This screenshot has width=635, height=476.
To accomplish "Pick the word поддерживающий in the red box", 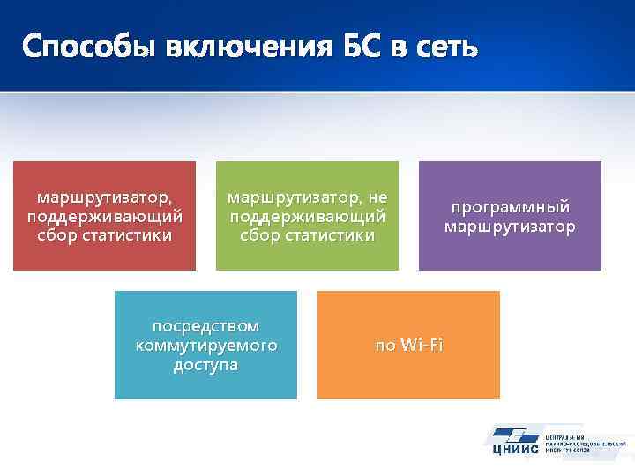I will (105, 215).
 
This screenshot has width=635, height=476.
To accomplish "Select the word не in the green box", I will (377, 196).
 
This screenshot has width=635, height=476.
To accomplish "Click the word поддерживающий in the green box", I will (307, 215).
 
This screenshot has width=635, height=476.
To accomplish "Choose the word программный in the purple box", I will (510, 207).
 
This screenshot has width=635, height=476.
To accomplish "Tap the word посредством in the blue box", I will (205, 325).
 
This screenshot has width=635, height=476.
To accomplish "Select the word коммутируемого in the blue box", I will (205, 345).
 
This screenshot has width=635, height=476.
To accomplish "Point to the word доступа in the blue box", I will (205, 364).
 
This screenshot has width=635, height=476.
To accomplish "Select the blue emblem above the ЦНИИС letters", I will (514, 435).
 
